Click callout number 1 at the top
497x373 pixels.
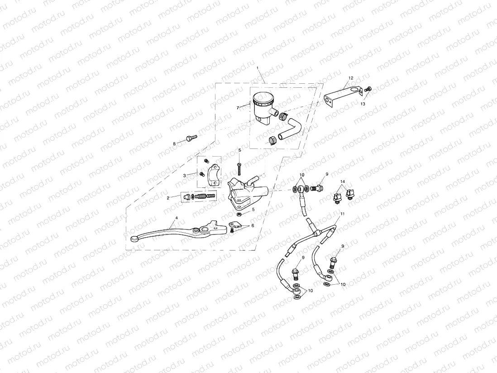click(x=258, y=68)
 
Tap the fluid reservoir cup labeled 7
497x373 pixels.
click(x=263, y=105)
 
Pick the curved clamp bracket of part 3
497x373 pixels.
click(x=214, y=177)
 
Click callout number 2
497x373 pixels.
click(x=167, y=198)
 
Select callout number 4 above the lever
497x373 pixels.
click(x=177, y=218)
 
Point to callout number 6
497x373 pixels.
click(x=253, y=225)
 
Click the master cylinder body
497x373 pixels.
click(x=245, y=192)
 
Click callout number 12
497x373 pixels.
click(x=351, y=78)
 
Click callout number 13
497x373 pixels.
click(x=363, y=104)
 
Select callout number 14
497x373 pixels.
click(x=343, y=182)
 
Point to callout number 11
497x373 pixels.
click(x=343, y=213)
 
